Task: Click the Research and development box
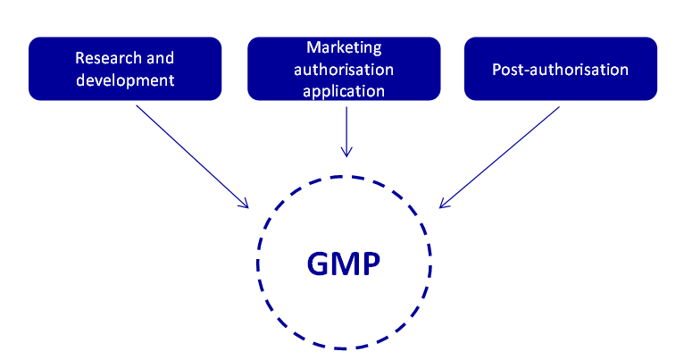[124, 68]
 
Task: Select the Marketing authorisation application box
[344, 68]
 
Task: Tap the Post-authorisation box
[560, 68]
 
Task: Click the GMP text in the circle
[344, 264]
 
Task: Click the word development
[124, 80]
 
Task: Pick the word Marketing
[344, 46]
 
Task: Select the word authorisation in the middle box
[344, 69]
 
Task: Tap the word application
[344, 90]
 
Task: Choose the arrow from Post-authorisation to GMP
[500, 156]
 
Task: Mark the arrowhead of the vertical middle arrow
[346, 153]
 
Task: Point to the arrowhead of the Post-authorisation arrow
[442, 206]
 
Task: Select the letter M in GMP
[344, 264]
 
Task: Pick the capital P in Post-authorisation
[496, 69]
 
